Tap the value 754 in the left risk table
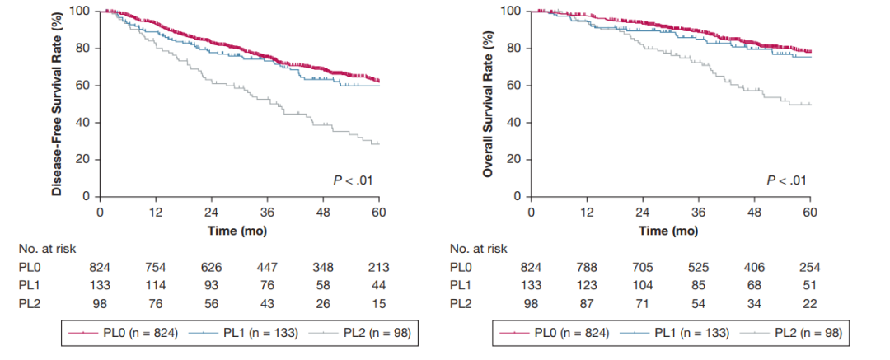pos(155,267)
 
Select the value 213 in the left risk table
pos(378,267)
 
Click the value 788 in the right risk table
pos(587,267)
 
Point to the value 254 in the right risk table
pos(810,267)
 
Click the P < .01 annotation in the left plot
pos(350,180)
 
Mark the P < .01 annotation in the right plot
pos(782,180)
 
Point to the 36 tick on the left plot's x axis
pos(267,212)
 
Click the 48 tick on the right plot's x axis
pos(755,212)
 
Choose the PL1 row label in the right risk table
pos(461,285)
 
